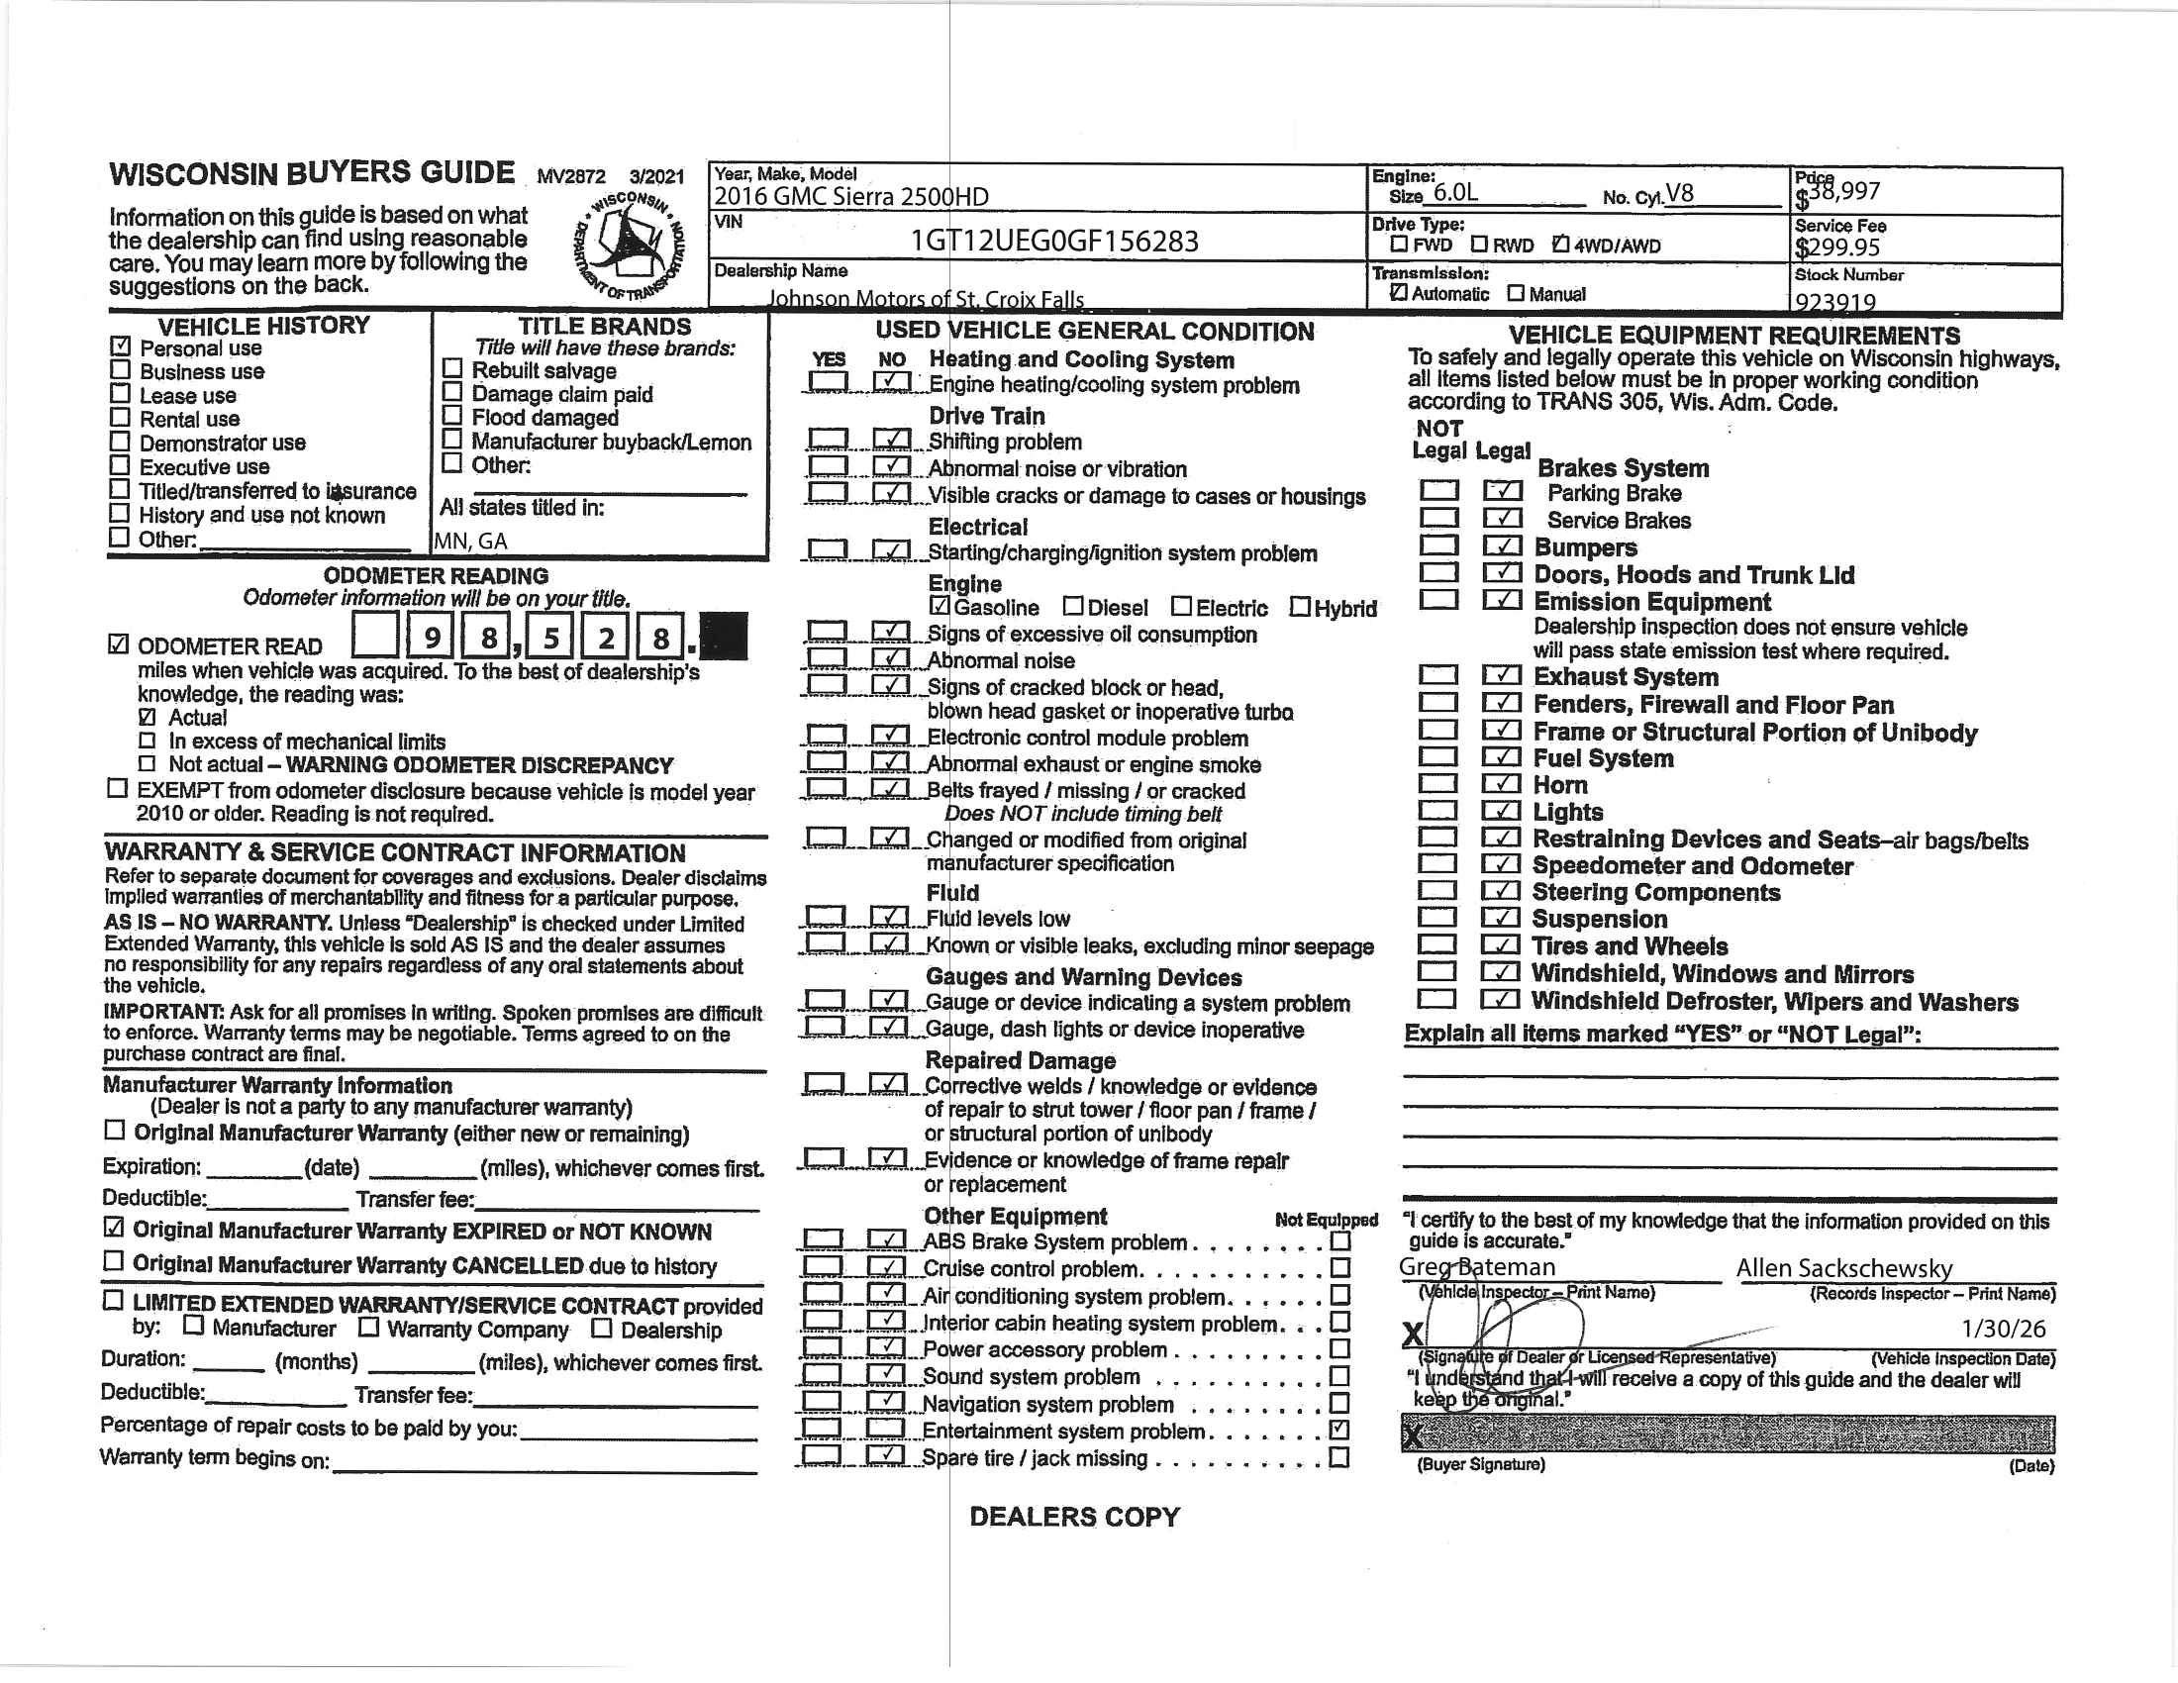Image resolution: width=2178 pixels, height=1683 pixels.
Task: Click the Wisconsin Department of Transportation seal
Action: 630,245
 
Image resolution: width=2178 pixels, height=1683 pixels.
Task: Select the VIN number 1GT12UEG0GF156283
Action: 1054,242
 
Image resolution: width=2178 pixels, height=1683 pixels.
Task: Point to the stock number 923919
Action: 1834,301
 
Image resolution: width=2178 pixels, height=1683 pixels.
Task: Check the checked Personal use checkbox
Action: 121,346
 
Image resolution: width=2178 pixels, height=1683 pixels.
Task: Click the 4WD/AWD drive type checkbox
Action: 1560,245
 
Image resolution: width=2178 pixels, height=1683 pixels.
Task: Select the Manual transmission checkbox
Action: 1516,293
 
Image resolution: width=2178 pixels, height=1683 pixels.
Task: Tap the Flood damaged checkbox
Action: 452,416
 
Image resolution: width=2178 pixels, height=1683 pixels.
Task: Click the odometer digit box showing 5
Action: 549,637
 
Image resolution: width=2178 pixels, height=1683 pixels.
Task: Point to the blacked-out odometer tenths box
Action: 724,637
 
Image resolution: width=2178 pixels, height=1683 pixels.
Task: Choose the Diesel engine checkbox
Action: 1073,606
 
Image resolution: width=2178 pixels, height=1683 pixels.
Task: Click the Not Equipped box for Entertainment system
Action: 1340,1430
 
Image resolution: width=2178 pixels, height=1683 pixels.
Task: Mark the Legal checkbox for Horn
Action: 1501,785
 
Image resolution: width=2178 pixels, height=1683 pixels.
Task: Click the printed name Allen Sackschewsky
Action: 1844,1268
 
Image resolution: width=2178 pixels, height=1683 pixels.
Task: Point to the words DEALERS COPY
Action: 1074,1517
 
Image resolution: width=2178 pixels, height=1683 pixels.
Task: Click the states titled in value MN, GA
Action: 470,542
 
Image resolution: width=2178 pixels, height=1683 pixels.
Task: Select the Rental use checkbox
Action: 120,417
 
